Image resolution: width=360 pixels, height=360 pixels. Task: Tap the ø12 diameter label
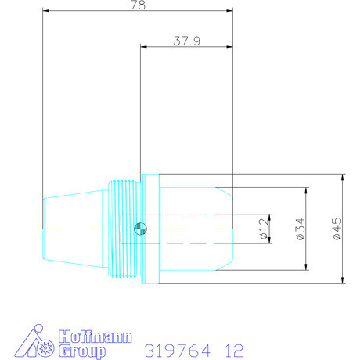[x=264, y=229]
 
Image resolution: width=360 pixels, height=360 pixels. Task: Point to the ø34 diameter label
[x=300, y=229]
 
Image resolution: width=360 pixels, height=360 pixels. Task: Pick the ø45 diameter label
[x=337, y=229]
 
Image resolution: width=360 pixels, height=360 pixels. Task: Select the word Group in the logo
[x=81, y=351]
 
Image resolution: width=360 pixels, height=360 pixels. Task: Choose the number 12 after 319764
[x=232, y=349]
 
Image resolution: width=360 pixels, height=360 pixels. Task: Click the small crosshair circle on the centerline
[x=139, y=229]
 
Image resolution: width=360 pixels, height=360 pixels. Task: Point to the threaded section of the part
[x=123, y=229]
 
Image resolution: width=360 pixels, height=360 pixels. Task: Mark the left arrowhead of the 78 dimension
[x=45, y=12]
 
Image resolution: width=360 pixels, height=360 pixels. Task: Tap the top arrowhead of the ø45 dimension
[x=343, y=177]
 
